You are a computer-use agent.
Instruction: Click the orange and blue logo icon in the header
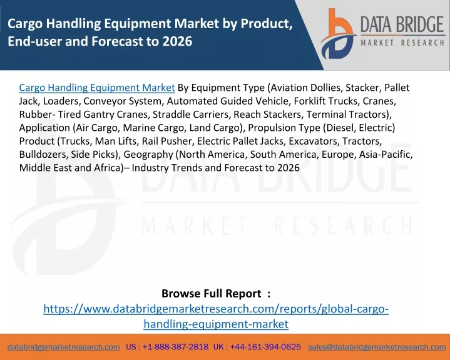[x=338, y=34]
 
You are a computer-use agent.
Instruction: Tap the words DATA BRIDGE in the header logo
[x=402, y=24]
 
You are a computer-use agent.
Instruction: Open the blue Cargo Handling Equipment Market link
[x=97, y=88]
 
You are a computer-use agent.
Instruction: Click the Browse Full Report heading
[x=212, y=294]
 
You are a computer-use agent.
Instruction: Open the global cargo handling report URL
[x=216, y=316]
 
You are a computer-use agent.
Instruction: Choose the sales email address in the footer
[x=377, y=347]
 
